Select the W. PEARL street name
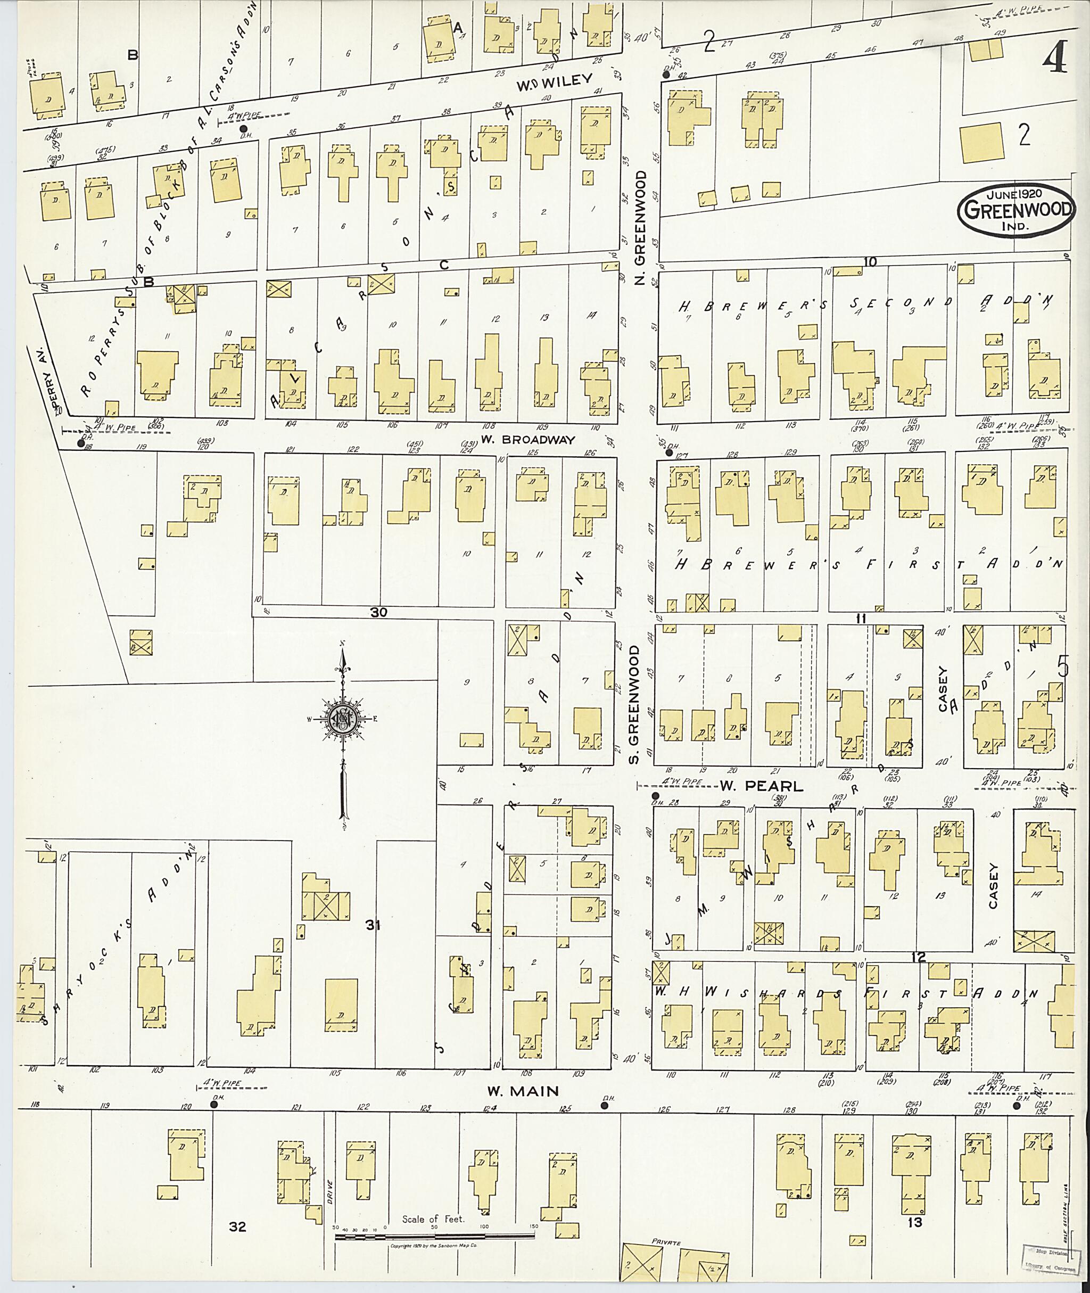(761, 786)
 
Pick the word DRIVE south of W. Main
(329, 1190)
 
